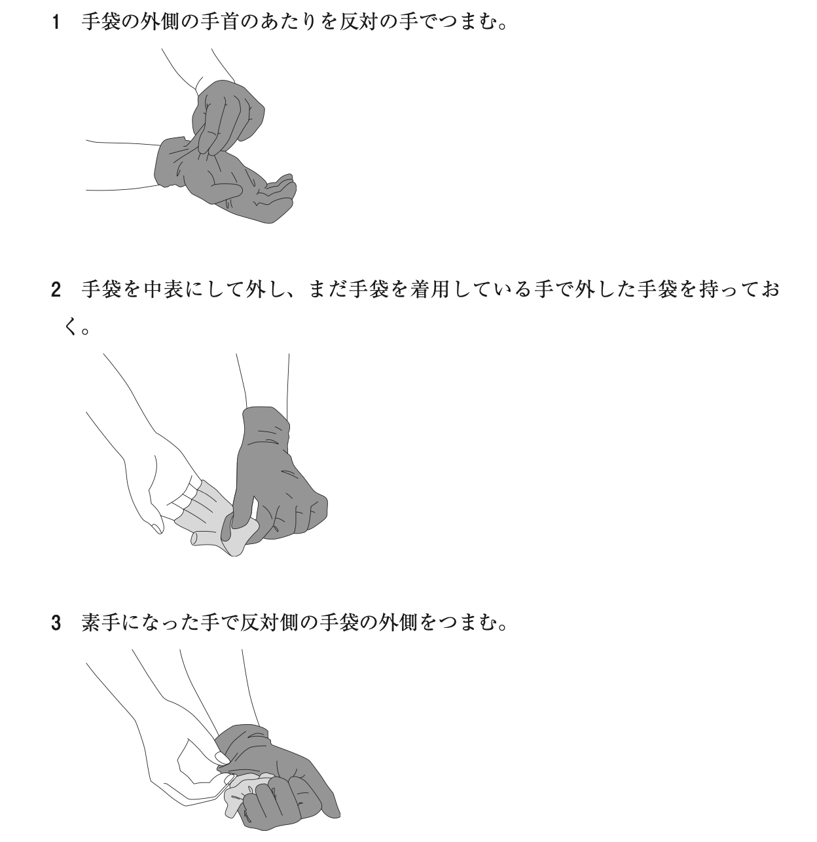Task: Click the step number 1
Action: (x=55, y=22)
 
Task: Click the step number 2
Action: (x=56, y=289)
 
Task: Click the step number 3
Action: (x=56, y=623)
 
